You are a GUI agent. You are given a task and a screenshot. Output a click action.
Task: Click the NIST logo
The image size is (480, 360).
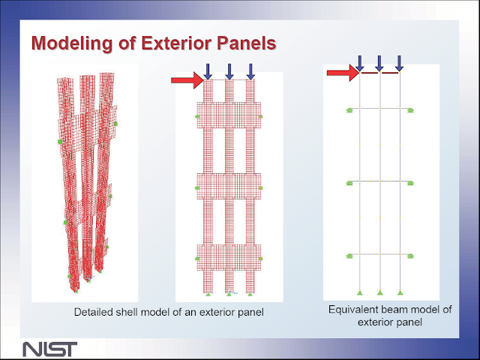(50, 349)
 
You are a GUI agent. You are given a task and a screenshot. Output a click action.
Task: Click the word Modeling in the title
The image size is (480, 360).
(72, 43)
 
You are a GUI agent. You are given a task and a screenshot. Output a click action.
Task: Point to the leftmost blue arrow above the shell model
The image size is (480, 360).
(208, 71)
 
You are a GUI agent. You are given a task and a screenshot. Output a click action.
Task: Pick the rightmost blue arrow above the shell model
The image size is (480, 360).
(250, 71)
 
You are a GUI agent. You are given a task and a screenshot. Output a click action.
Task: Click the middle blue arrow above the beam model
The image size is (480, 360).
(379, 63)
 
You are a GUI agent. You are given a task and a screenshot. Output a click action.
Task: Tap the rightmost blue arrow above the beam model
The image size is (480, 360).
(399, 63)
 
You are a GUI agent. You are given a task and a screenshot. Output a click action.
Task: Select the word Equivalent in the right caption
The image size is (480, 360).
(349, 310)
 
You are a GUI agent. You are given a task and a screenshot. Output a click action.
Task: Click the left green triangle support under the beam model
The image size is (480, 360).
(360, 292)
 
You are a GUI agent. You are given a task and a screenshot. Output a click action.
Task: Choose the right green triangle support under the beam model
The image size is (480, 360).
(400, 292)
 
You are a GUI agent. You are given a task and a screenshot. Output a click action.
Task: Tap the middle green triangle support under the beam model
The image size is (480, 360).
(380, 292)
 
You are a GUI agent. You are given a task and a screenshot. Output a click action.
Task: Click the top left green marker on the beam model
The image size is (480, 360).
(349, 110)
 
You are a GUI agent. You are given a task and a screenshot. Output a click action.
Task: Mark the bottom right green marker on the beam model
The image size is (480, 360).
(410, 256)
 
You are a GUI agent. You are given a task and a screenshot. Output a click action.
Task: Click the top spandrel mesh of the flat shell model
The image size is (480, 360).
(229, 115)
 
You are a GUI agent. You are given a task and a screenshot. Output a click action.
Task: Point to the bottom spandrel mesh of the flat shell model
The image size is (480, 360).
(229, 257)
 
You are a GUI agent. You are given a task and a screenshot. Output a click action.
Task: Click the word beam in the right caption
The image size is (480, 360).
(390, 310)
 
